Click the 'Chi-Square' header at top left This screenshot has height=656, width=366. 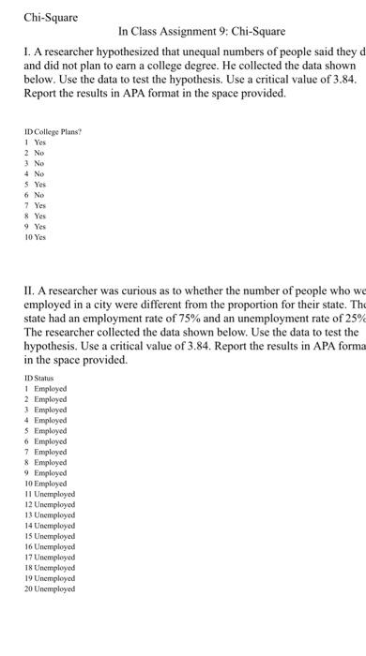(x=51, y=17)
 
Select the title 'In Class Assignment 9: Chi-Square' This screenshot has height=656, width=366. (x=203, y=32)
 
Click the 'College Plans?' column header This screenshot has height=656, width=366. (x=59, y=132)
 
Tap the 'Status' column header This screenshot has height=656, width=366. (x=44, y=378)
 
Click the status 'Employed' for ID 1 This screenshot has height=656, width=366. (x=51, y=388)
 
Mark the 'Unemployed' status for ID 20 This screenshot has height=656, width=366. (x=56, y=589)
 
